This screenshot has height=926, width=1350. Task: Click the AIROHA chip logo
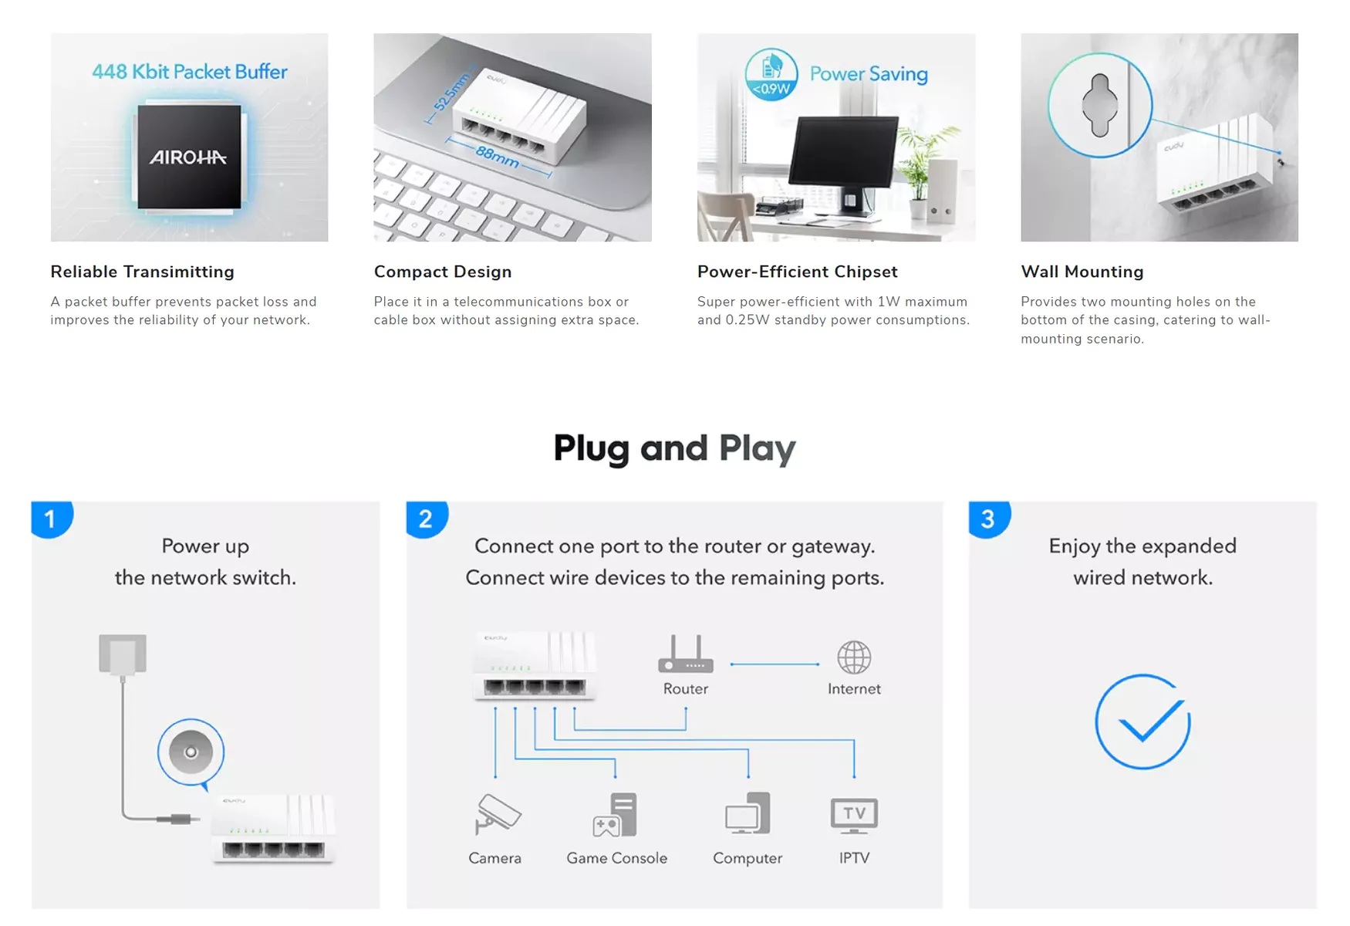(x=188, y=157)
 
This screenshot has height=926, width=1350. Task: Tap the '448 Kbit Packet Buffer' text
(x=190, y=72)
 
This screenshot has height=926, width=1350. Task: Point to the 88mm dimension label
(x=498, y=157)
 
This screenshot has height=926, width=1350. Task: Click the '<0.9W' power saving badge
(x=771, y=75)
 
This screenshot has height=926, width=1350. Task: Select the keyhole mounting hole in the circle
(x=1100, y=105)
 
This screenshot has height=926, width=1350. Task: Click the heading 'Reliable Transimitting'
(x=143, y=272)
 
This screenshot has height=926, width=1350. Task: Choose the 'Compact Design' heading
(x=443, y=272)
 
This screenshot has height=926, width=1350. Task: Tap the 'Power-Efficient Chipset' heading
(x=798, y=272)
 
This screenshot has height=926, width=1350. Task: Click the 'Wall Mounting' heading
(x=1082, y=272)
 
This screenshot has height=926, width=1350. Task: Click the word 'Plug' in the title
(x=592, y=449)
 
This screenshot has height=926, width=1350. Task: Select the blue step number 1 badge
(x=52, y=519)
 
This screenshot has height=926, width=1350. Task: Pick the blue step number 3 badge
(x=989, y=519)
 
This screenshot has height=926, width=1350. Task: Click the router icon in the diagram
(x=686, y=654)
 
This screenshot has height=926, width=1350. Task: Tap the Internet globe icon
(x=854, y=657)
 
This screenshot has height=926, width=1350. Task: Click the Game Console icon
(x=615, y=815)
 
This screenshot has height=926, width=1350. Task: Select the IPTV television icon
(x=854, y=816)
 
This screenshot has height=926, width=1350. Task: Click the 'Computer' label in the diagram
(x=748, y=858)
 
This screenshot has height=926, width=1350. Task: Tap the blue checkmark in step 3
(x=1142, y=722)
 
